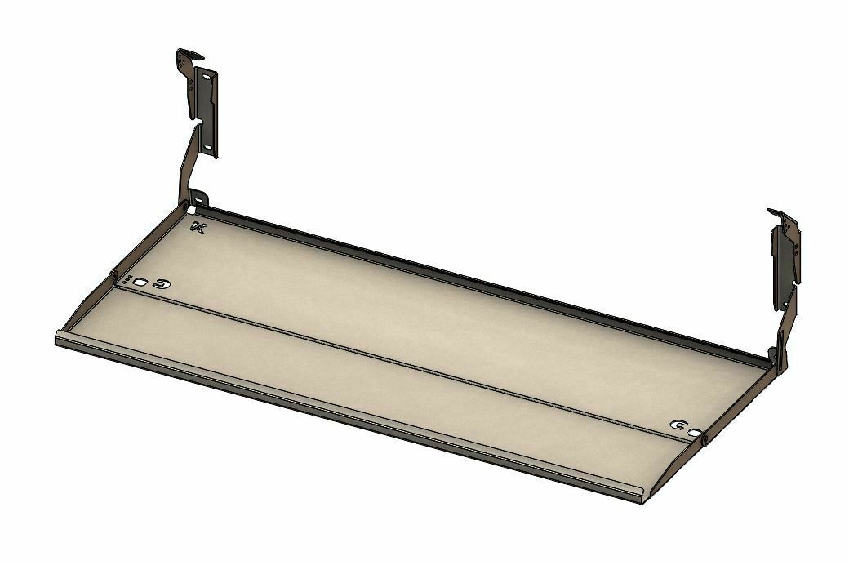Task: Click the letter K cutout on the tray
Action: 197,228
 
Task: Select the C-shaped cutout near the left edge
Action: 160,284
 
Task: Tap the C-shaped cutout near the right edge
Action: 678,425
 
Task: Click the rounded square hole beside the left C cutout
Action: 142,282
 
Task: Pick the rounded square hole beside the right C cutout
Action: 694,433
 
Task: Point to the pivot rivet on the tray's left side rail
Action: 114,275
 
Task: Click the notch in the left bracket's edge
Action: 198,121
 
